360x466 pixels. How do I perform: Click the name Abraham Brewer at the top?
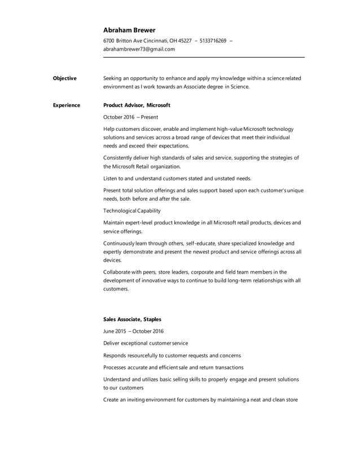click(129, 30)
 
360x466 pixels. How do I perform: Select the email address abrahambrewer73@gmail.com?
click(139, 49)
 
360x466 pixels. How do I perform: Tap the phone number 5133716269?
click(213, 41)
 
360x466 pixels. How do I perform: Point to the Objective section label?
click(64, 78)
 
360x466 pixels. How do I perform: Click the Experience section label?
click(66, 105)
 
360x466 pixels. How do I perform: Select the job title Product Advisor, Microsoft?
click(137, 105)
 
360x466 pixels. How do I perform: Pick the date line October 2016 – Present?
click(130, 117)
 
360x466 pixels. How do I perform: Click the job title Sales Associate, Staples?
click(132, 319)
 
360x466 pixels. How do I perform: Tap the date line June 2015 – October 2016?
click(134, 331)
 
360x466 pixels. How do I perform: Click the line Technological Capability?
click(132, 210)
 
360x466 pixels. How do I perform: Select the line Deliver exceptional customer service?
click(146, 343)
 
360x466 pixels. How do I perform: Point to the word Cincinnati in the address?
click(153, 41)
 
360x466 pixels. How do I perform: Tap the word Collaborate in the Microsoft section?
click(118, 271)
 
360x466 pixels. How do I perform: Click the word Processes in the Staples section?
click(116, 367)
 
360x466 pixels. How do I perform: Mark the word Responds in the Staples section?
click(116, 355)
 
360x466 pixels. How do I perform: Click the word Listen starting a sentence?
click(111, 178)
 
